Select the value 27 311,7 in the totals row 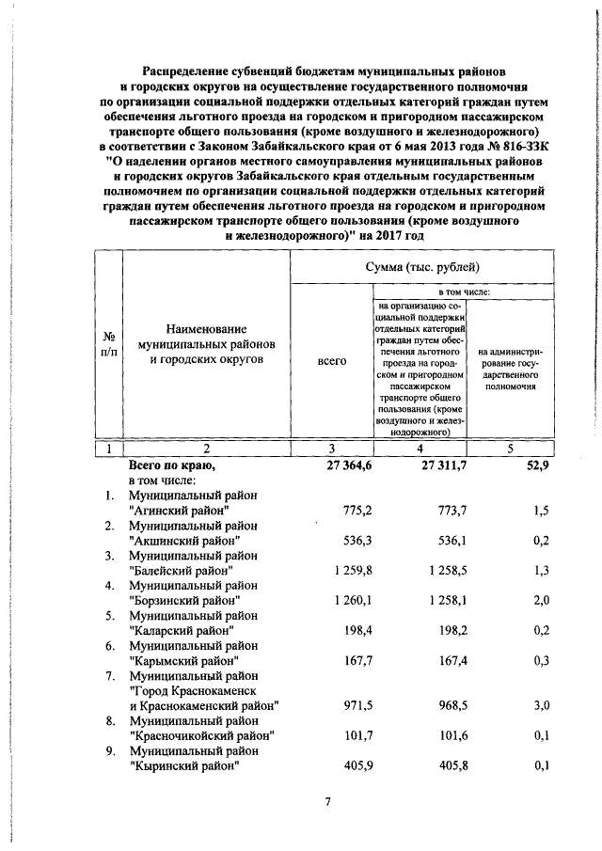pyautogui.click(x=441, y=465)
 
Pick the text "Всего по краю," pyautogui.click(x=172, y=465)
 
